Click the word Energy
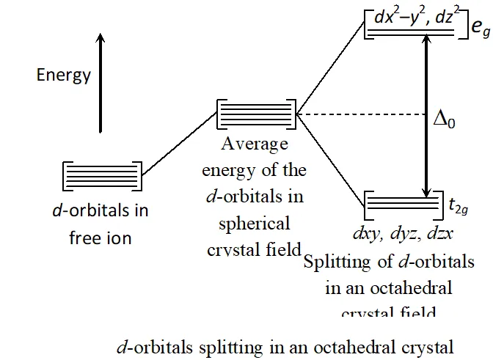pos(64,75)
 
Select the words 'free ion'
pos(101,238)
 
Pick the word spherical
pos(254,222)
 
